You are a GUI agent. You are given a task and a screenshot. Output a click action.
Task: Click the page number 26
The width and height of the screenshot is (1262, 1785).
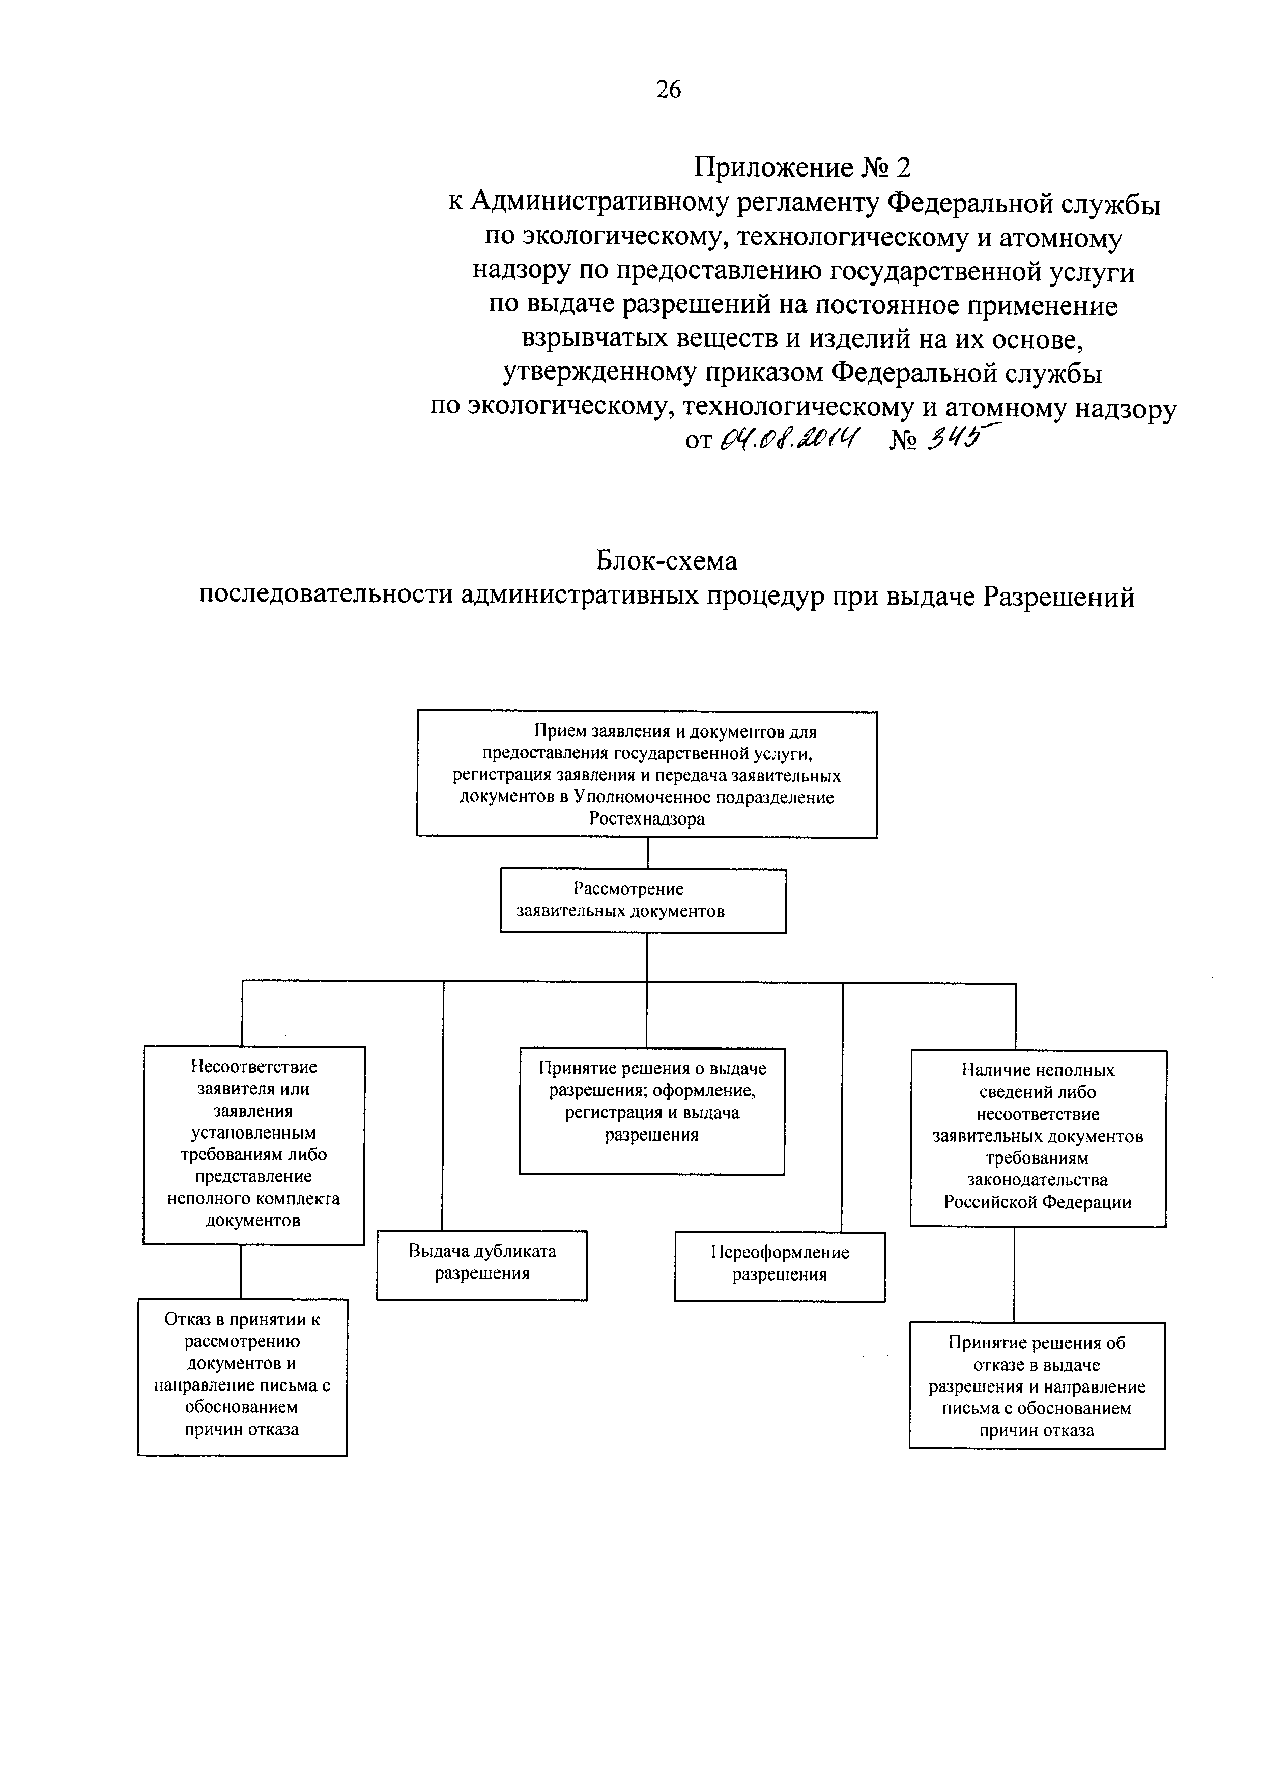pos(668,90)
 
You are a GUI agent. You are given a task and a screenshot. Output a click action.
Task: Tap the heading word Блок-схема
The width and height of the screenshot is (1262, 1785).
pos(667,560)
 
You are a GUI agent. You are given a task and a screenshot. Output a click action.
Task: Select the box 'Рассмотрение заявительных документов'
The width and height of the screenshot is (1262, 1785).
pos(643,900)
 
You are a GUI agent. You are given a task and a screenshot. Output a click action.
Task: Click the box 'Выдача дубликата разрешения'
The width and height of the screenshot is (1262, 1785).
pos(482,1265)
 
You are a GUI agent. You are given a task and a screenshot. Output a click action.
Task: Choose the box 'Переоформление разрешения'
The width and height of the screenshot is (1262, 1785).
pos(780,1266)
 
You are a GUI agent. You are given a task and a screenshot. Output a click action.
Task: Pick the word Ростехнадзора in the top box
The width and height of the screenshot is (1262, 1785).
pos(647,818)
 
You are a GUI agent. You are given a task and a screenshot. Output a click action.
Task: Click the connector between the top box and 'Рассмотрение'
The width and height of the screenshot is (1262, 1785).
pos(647,853)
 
